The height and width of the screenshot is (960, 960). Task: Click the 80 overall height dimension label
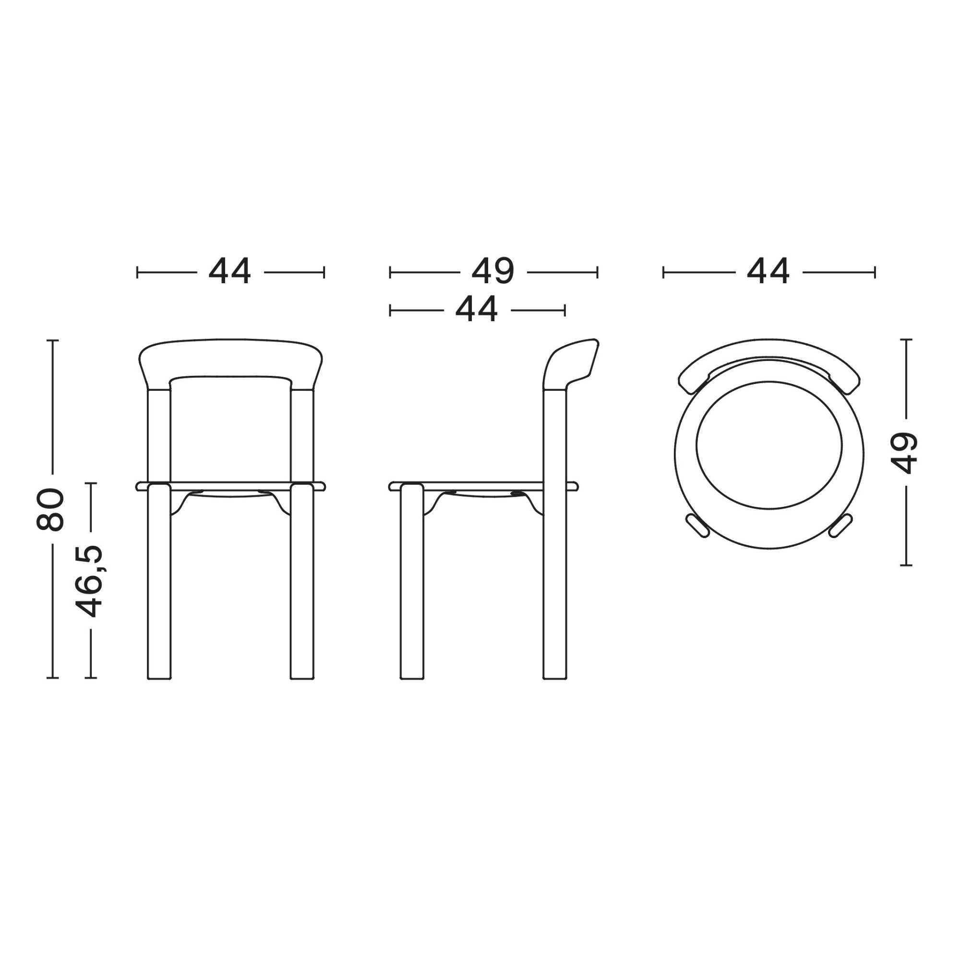tap(50, 510)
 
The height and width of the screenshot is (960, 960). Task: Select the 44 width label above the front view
tap(230, 272)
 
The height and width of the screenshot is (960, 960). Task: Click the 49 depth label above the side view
tap(493, 272)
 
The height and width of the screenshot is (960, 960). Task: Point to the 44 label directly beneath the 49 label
tap(477, 310)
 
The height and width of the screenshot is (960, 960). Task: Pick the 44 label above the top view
tap(768, 272)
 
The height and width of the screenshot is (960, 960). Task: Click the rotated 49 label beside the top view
tap(903, 452)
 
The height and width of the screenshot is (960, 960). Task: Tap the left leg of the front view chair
tap(159, 581)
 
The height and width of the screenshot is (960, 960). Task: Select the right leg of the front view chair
tap(302, 581)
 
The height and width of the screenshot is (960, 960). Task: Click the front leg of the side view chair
tap(412, 581)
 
